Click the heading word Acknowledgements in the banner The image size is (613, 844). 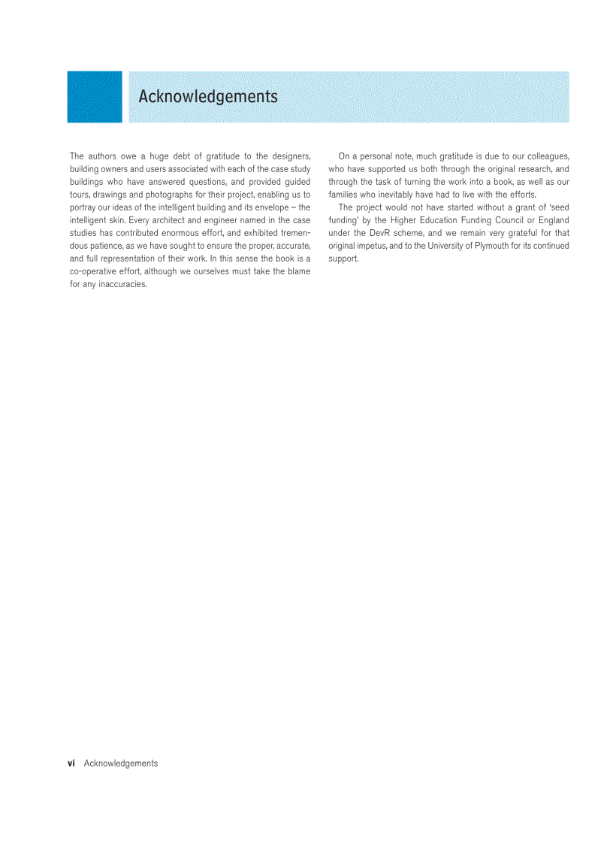click(x=208, y=97)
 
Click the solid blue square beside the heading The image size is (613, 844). click(x=95, y=97)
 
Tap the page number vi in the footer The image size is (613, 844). click(x=71, y=763)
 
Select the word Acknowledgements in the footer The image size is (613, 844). click(x=121, y=763)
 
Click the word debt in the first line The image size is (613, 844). click(x=184, y=156)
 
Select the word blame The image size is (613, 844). click(x=297, y=271)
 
